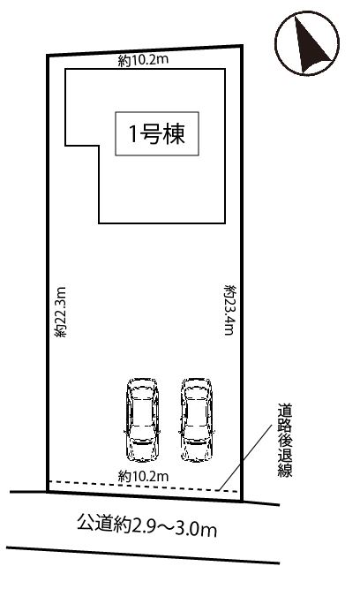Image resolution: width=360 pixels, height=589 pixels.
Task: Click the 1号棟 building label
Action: (x=157, y=133)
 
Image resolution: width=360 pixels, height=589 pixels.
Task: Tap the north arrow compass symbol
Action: (x=307, y=43)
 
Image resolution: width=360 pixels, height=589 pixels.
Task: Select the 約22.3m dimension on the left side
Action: (x=60, y=312)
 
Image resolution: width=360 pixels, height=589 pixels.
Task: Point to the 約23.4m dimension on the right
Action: (x=229, y=310)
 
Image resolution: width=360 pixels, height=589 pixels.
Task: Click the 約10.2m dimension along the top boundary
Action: (x=144, y=60)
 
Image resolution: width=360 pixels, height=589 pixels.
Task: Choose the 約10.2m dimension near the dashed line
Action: (x=144, y=476)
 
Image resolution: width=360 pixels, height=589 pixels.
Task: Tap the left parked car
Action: (x=143, y=419)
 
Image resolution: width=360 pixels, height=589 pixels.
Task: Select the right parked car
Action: (x=197, y=419)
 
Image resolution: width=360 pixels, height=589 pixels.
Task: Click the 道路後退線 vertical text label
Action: (x=285, y=441)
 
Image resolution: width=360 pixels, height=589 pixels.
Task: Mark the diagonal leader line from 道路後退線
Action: (x=245, y=457)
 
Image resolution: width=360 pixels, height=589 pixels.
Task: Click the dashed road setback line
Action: (x=144, y=486)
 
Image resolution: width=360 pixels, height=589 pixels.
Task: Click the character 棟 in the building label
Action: (x=174, y=134)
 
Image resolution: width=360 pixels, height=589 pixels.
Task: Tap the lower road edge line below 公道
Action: (x=143, y=555)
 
